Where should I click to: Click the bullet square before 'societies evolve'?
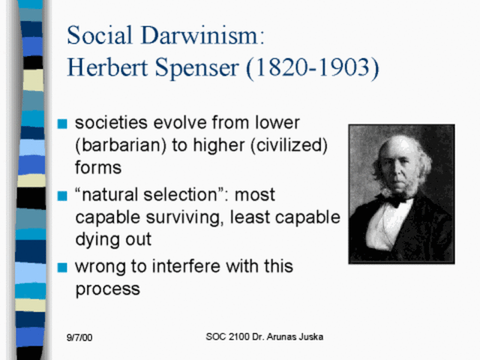pos(62,123)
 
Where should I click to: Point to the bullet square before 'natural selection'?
pos(62,196)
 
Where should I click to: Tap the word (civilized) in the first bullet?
pos(285,144)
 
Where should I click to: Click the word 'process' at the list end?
pos(107,289)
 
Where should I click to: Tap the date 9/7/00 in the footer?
pos(79,338)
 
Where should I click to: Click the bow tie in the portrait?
pos(394,199)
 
